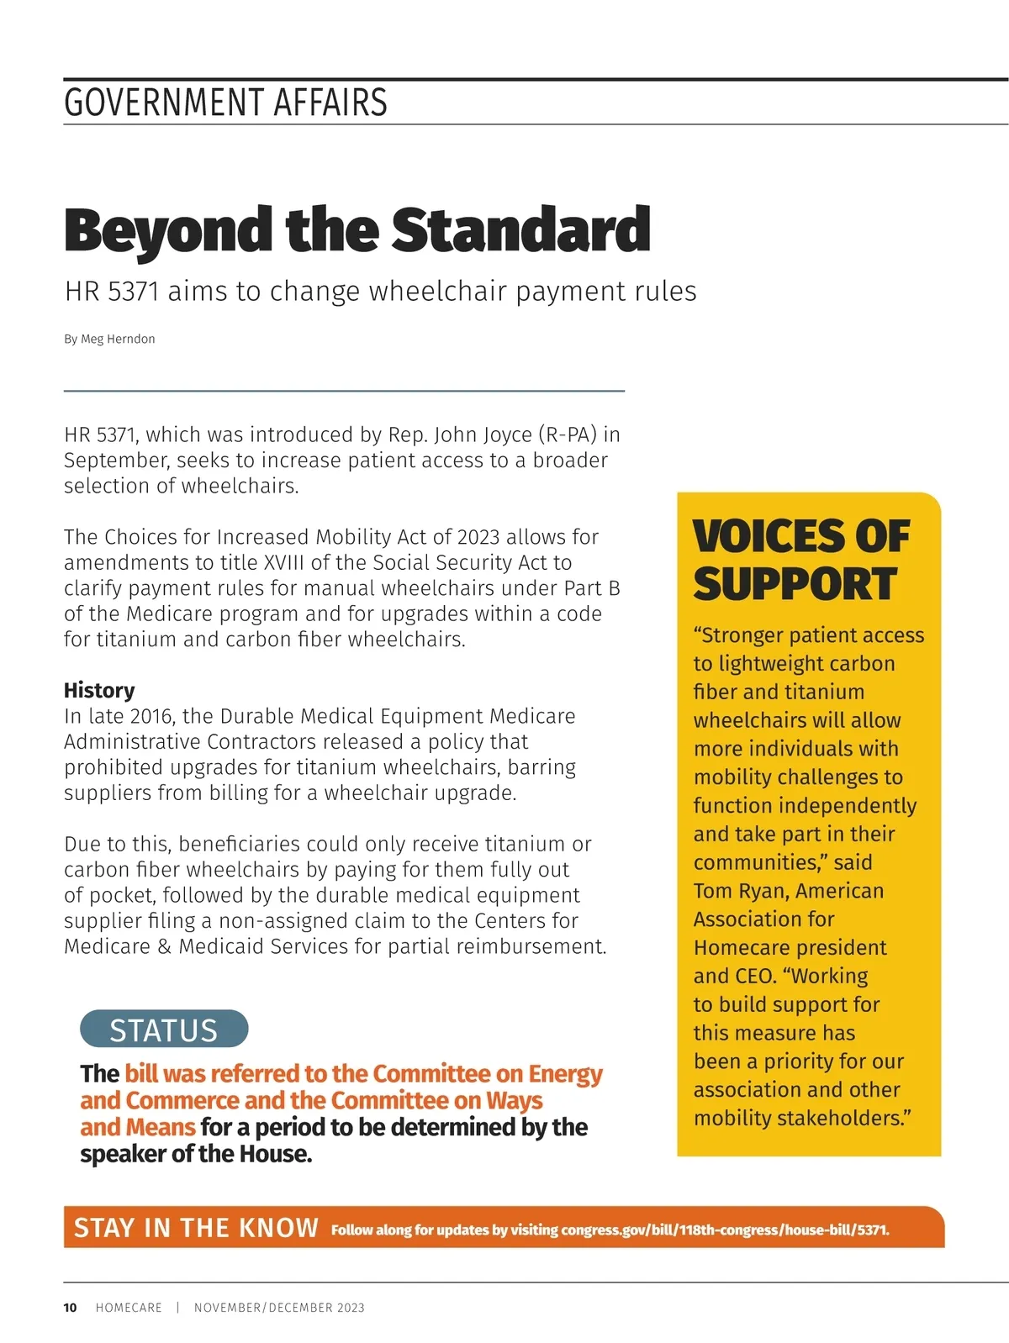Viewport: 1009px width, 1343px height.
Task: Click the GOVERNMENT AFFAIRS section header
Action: [225, 103]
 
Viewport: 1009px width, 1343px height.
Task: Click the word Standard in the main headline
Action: [521, 229]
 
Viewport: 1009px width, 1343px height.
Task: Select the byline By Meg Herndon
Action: [109, 339]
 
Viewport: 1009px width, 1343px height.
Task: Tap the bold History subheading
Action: [99, 690]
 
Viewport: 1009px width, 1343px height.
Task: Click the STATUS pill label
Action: [164, 1030]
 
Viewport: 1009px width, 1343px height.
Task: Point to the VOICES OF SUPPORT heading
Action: [800, 560]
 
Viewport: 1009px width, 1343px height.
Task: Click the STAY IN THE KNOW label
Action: [196, 1228]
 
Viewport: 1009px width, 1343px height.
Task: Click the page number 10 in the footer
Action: [70, 1308]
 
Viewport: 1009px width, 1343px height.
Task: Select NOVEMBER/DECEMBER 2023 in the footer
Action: [279, 1308]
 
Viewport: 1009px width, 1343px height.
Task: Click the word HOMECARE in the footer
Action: [129, 1308]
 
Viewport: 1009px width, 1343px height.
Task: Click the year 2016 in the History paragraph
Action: [149, 716]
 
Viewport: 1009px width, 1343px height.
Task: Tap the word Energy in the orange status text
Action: [565, 1074]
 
